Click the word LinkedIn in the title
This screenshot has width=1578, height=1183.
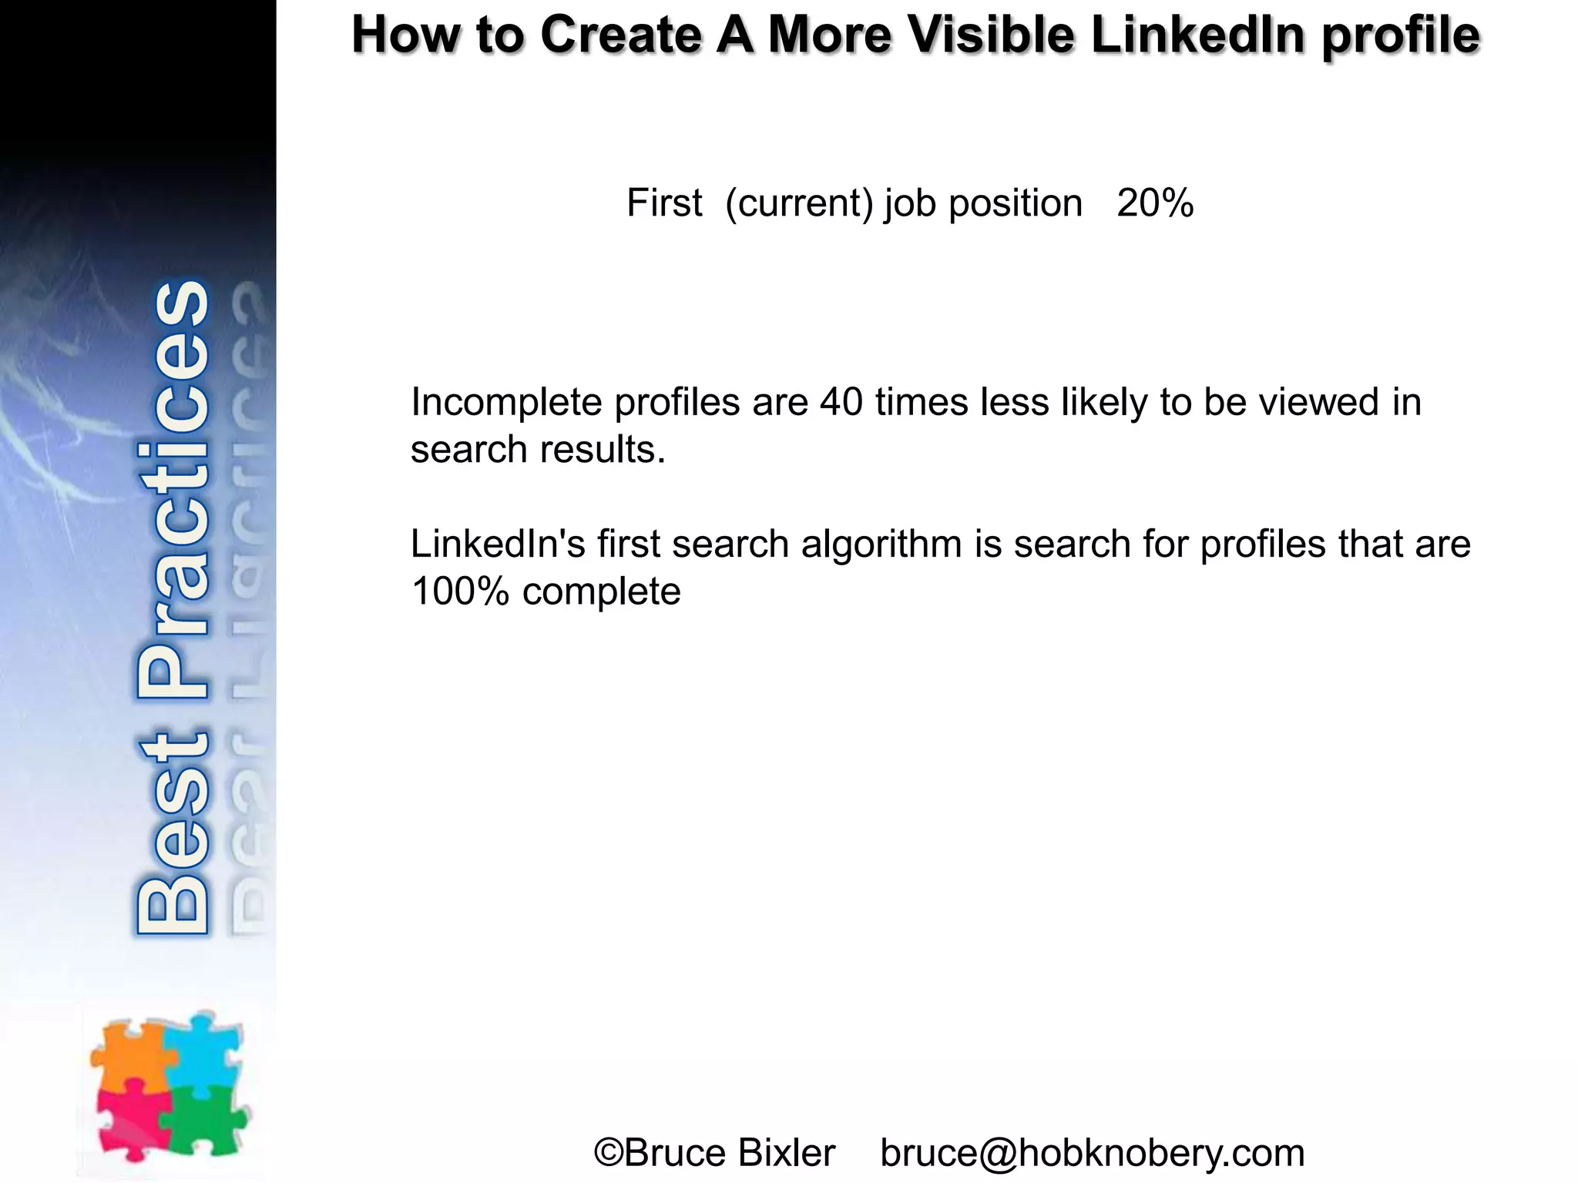pyautogui.click(x=1198, y=35)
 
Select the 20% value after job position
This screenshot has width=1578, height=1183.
pyautogui.click(x=1155, y=204)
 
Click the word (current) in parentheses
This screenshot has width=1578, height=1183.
pyautogui.click(x=799, y=204)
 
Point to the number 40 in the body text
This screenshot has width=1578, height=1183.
pyautogui.click(x=841, y=402)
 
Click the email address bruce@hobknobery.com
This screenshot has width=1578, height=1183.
pyautogui.click(x=1092, y=1153)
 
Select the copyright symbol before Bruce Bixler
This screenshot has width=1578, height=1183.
pyautogui.click(x=609, y=1153)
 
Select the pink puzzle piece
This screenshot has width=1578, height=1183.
pyautogui.click(x=131, y=1121)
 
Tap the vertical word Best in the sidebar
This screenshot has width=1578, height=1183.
pyautogui.click(x=173, y=832)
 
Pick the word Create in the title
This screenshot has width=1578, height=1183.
pyautogui.click(x=620, y=35)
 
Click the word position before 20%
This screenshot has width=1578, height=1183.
pyautogui.click(x=1016, y=204)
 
